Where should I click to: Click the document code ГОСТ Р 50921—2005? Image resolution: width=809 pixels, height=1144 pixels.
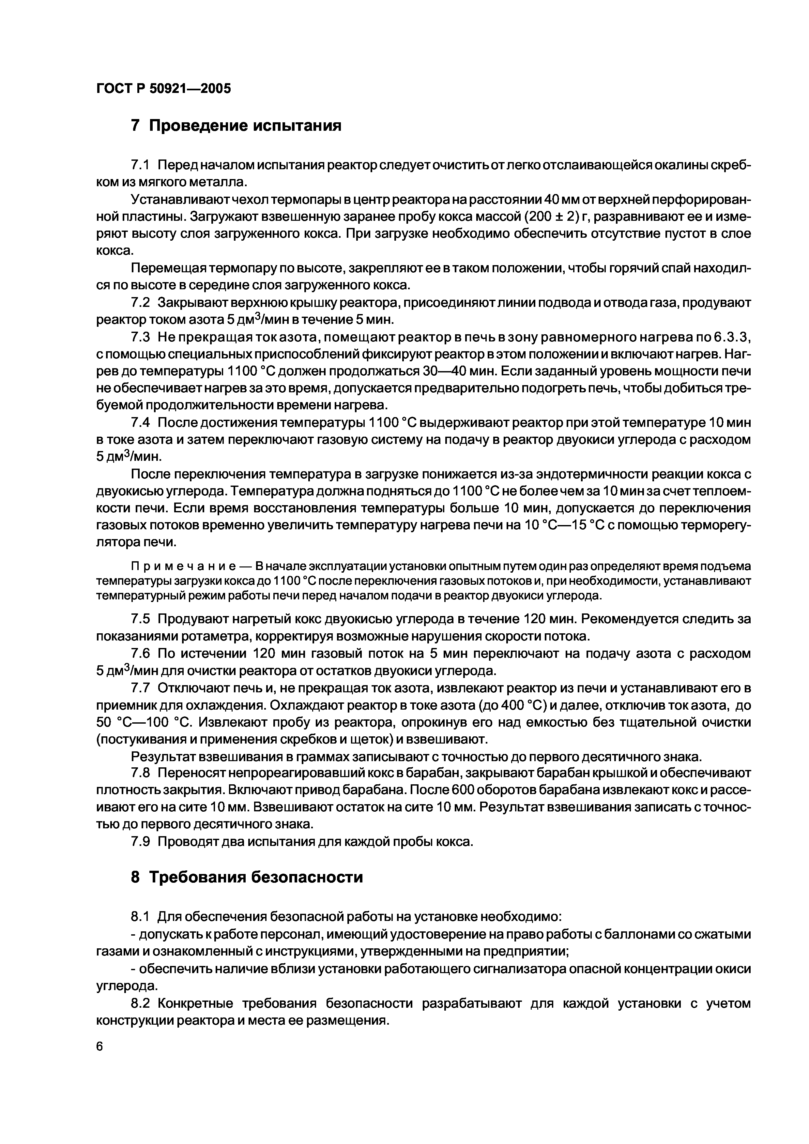(163, 89)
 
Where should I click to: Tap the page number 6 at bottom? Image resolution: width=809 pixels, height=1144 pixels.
(99, 1071)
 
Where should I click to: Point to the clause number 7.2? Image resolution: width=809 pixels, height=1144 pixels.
(141, 303)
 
